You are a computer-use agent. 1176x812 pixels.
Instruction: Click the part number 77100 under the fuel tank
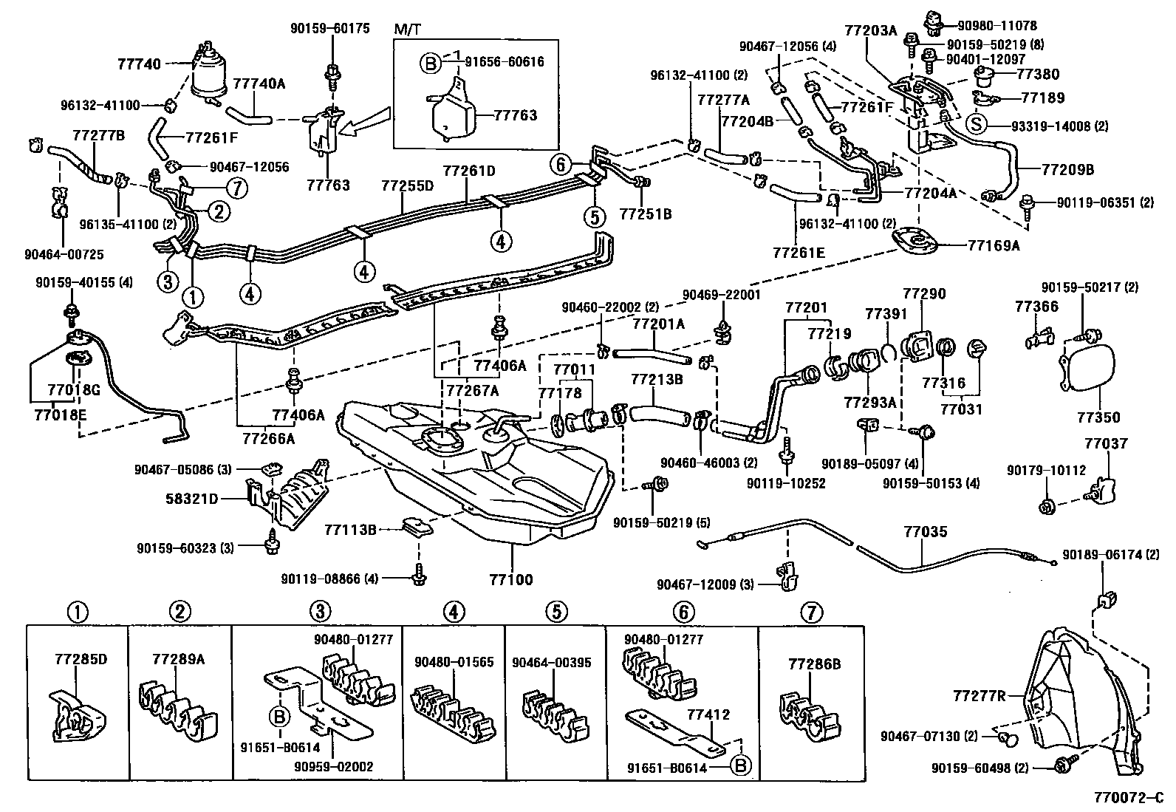(510, 580)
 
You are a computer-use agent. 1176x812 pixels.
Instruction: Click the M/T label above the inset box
(406, 29)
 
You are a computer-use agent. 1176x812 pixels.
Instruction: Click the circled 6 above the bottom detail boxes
(684, 612)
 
